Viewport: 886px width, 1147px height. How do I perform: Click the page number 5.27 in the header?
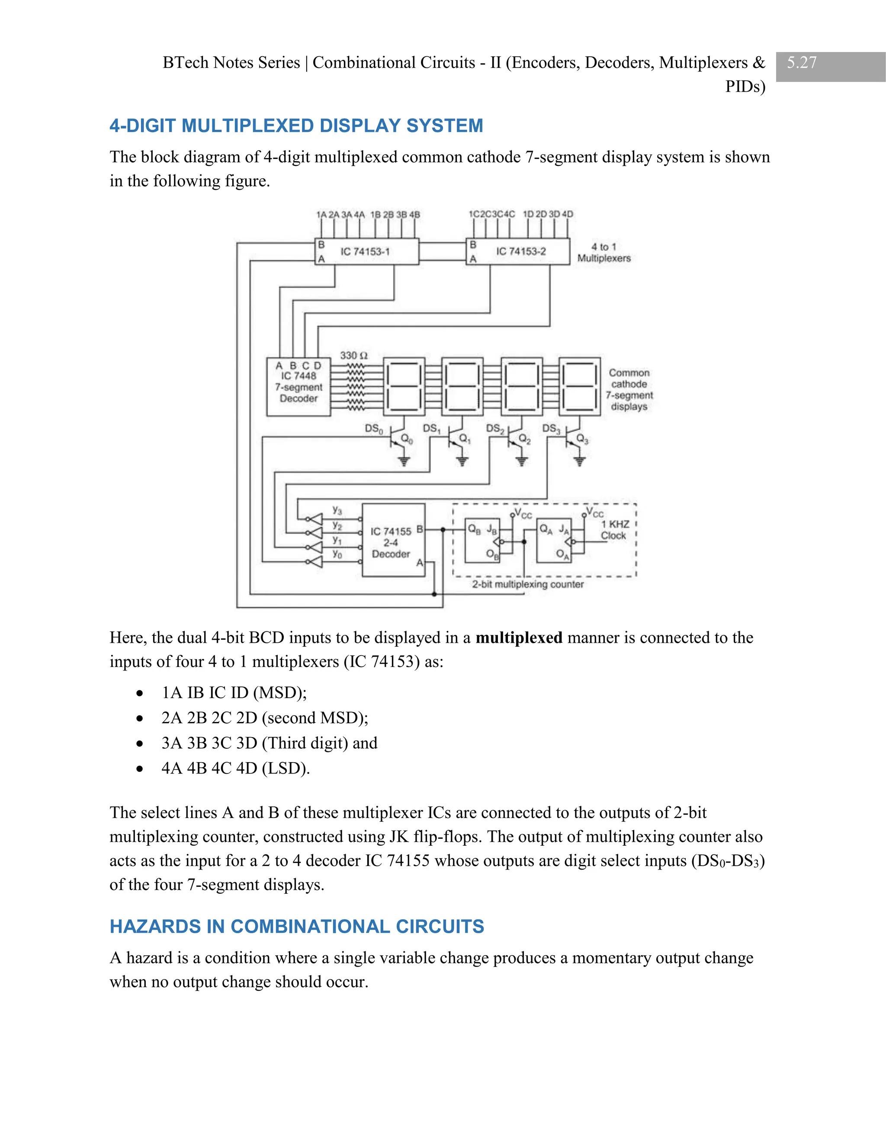pyautogui.click(x=802, y=62)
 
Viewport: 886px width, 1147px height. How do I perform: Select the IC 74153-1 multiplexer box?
pyautogui.click(x=366, y=251)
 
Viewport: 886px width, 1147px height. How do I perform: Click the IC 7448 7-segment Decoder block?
pyautogui.click(x=298, y=387)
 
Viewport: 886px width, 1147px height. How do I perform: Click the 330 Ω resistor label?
pyautogui.click(x=354, y=355)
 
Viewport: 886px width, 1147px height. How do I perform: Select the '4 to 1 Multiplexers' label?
pyautogui.click(x=604, y=253)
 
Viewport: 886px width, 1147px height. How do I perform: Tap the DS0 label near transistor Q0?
pyautogui.click(x=374, y=429)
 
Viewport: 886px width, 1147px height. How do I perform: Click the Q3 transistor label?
pyautogui.click(x=583, y=438)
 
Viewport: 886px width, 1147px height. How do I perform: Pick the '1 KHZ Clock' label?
pyautogui.click(x=614, y=530)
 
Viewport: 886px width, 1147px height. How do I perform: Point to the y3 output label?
pyautogui.click(x=337, y=510)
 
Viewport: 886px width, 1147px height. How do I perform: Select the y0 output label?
pyautogui.click(x=337, y=554)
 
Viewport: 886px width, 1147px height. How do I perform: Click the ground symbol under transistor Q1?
pyautogui.click(x=462, y=462)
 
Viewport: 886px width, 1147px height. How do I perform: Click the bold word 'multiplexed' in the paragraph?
pyautogui.click(x=519, y=638)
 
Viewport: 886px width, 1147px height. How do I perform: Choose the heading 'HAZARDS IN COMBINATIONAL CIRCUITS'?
pyautogui.click(x=296, y=926)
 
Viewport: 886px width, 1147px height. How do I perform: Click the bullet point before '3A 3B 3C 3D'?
pyautogui.click(x=139, y=744)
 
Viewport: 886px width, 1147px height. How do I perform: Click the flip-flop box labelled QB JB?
pyautogui.click(x=482, y=541)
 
